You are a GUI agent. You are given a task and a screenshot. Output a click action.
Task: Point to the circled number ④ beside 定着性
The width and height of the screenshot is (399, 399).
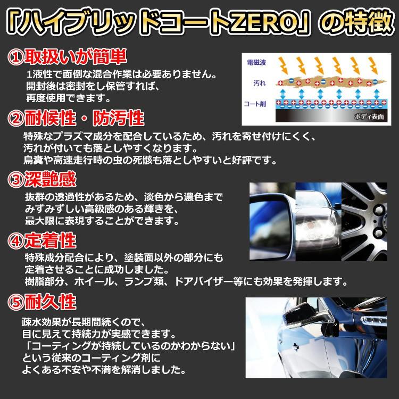point(15,241)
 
